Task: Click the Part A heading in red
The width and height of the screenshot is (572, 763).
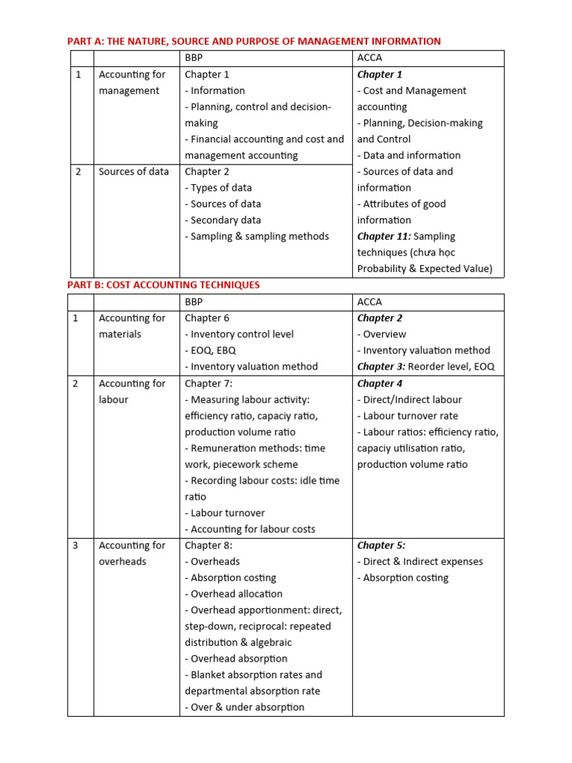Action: point(254,41)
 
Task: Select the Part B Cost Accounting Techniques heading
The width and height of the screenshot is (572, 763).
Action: point(163,285)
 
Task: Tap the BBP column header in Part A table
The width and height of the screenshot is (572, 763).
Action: point(194,57)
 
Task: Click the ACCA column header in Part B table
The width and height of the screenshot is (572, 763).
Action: point(369,302)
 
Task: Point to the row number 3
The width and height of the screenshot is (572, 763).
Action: point(76,545)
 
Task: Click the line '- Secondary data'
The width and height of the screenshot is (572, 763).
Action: point(223,220)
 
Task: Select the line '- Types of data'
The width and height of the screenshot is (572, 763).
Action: point(218,188)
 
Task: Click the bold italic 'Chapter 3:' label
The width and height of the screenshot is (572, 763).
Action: point(381,367)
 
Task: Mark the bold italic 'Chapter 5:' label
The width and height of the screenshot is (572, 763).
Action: point(381,545)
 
